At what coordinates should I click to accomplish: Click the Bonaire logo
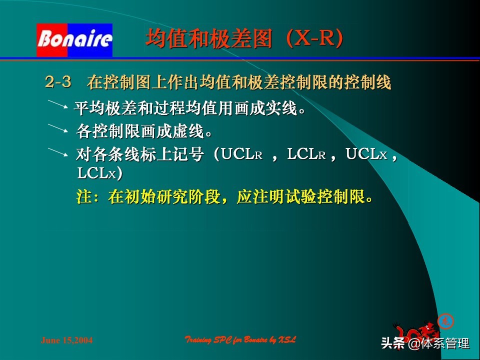pos(74,39)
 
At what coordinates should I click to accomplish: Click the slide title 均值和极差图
pos(208,39)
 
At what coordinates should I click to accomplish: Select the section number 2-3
pos(58,81)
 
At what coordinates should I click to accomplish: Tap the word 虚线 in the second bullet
pos(188,132)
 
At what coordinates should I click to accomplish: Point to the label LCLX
pos(96,173)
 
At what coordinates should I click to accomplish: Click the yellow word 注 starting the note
pos(83,196)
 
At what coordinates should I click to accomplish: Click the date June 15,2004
pos(67,340)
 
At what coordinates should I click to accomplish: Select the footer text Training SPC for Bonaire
pos(240,340)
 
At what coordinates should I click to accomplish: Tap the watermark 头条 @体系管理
pos(425,344)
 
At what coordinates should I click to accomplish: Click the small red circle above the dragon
pos(445,320)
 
